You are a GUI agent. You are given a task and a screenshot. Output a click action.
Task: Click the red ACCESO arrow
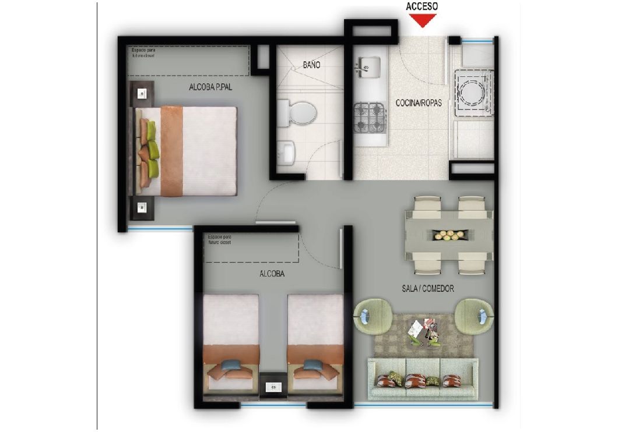coord(422,20)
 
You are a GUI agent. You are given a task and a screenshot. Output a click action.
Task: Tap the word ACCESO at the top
coord(422,6)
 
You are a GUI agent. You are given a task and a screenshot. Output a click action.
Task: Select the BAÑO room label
coord(311,65)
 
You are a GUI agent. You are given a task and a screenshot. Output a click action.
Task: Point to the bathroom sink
coord(287,153)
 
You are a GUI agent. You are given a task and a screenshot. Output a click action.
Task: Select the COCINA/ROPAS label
coord(419,103)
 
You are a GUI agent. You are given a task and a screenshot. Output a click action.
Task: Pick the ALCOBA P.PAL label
coord(211,88)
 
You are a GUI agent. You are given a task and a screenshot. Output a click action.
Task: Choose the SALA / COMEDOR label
coord(428,288)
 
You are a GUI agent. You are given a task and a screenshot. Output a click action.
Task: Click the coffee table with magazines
coord(424,333)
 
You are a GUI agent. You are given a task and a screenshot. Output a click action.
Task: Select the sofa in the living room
coord(423,378)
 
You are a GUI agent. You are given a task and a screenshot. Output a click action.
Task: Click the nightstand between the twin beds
coord(272,385)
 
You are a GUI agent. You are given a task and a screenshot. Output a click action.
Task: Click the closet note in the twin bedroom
coord(219,240)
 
